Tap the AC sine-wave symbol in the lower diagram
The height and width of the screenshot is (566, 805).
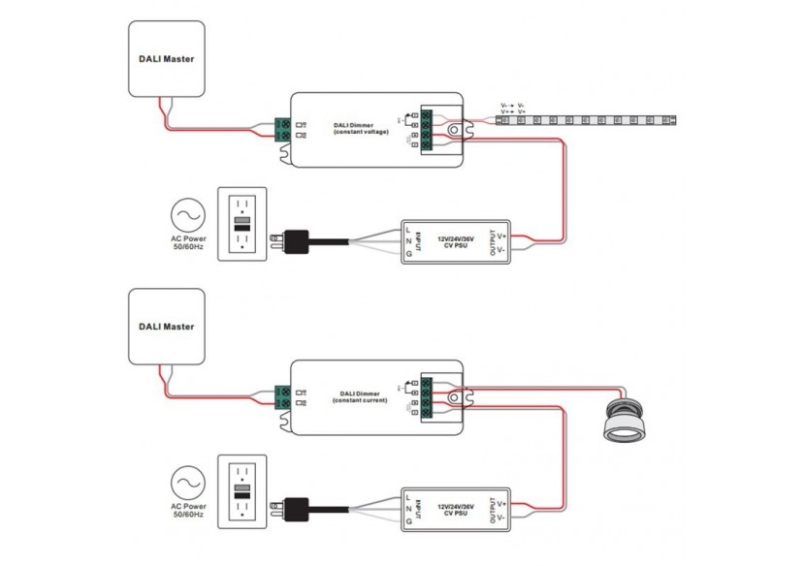click(x=187, y=482)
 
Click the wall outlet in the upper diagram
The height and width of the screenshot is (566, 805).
click(x=241, y=223)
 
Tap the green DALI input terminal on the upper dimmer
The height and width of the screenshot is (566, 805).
click(x=284, y=129)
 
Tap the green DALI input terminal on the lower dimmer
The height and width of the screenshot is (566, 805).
click(x=284, y=396)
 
